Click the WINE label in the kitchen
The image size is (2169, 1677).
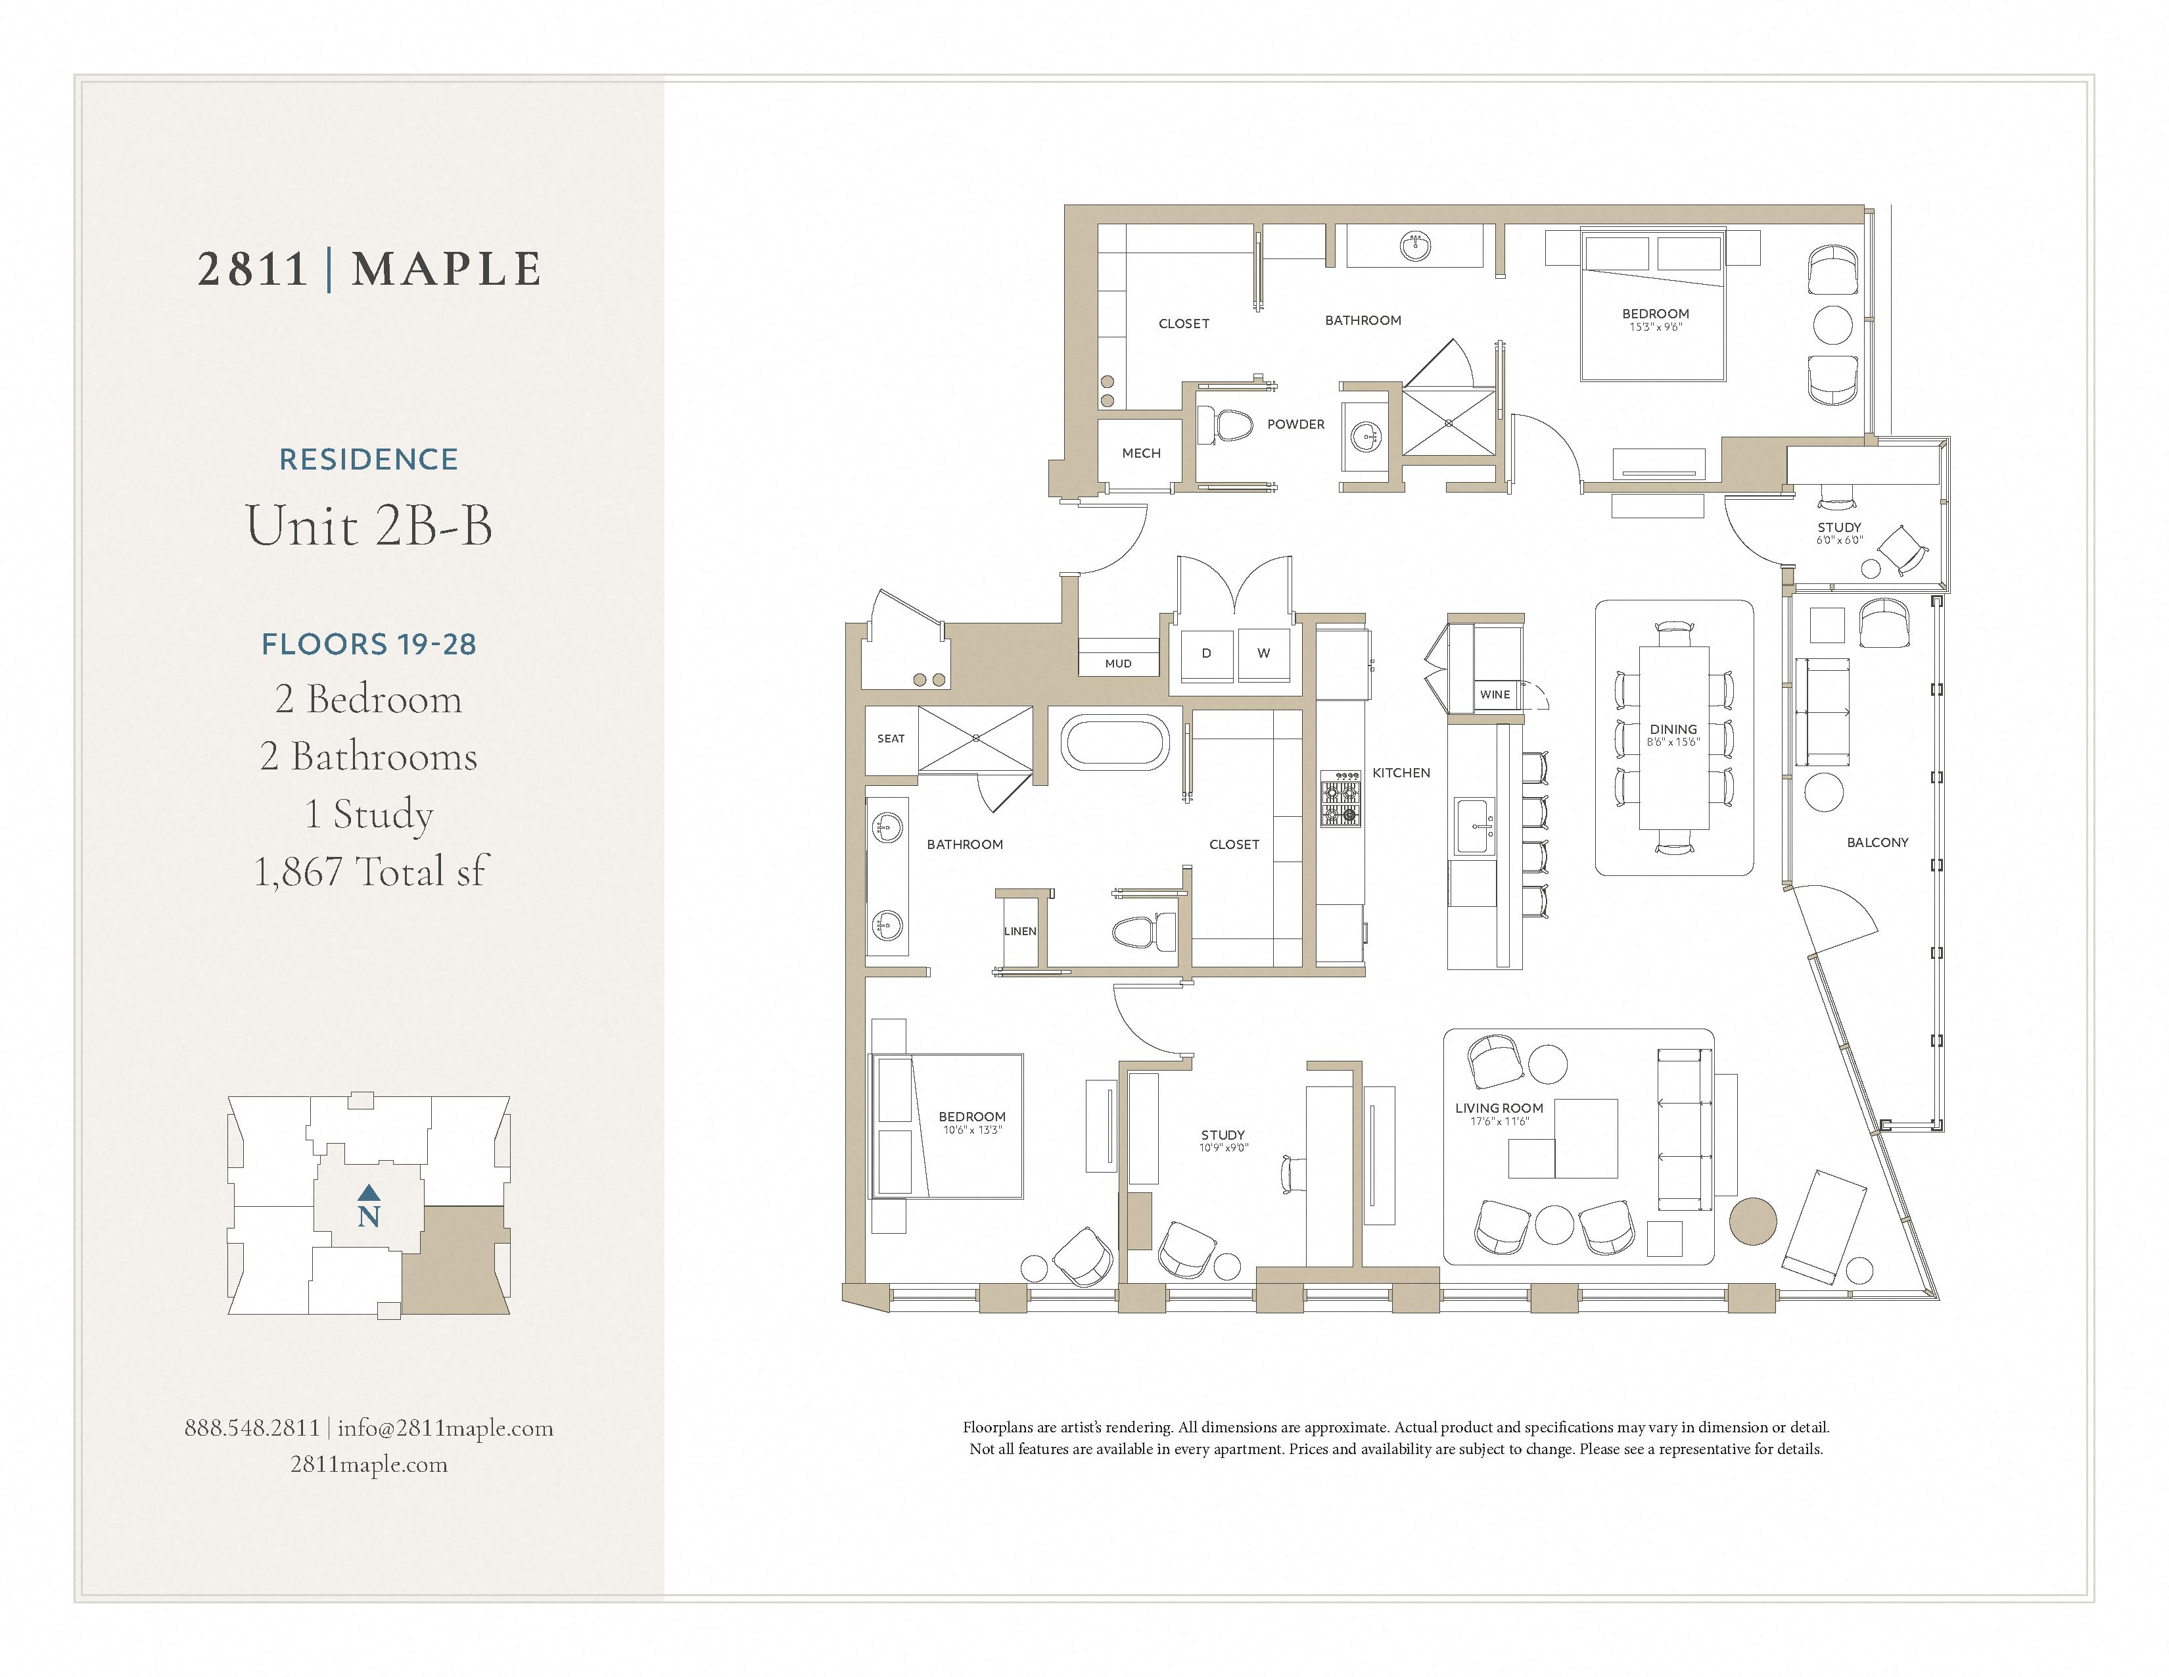click(x=1494, y=694)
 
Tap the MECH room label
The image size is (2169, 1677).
click(x=1141, y=453)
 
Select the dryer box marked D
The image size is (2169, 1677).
click(x=1207, y=654)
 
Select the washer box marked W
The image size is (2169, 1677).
click(x=1263, y=654)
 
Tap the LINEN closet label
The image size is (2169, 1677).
click(x=1020, y=931)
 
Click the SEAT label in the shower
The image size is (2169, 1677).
click(x=891, y=738)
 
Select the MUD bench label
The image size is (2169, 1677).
click(x=1118, y=664)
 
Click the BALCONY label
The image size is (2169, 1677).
click(x=1877, y=842)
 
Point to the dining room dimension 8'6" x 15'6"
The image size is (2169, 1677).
click(x=1673, y=742)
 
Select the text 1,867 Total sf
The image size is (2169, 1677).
click(x=369, y=871)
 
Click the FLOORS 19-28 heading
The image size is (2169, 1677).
click(x=369, y=644)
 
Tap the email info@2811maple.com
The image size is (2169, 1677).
click(x=445, y=1428)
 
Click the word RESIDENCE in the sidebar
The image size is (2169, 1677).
click(x=369, y=459)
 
